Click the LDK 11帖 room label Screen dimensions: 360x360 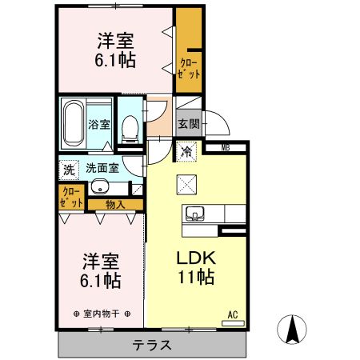[x=194, y=269]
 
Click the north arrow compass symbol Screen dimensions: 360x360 [x=293, y=328]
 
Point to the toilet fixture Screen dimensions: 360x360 [x=129, y=126]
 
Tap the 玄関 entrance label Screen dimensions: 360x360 [x=188, y=124]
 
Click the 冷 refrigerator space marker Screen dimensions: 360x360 [x=186, y=151]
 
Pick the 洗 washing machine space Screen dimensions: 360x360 [x=69, y=170]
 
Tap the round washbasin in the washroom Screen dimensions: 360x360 [x=99, y=188]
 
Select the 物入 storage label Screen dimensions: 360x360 [x=116, y=205]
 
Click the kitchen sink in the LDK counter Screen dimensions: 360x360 [x=196, y=214]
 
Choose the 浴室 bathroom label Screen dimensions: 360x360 [x=100, y=125]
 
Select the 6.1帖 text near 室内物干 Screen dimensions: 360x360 [x=100, y=281]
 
